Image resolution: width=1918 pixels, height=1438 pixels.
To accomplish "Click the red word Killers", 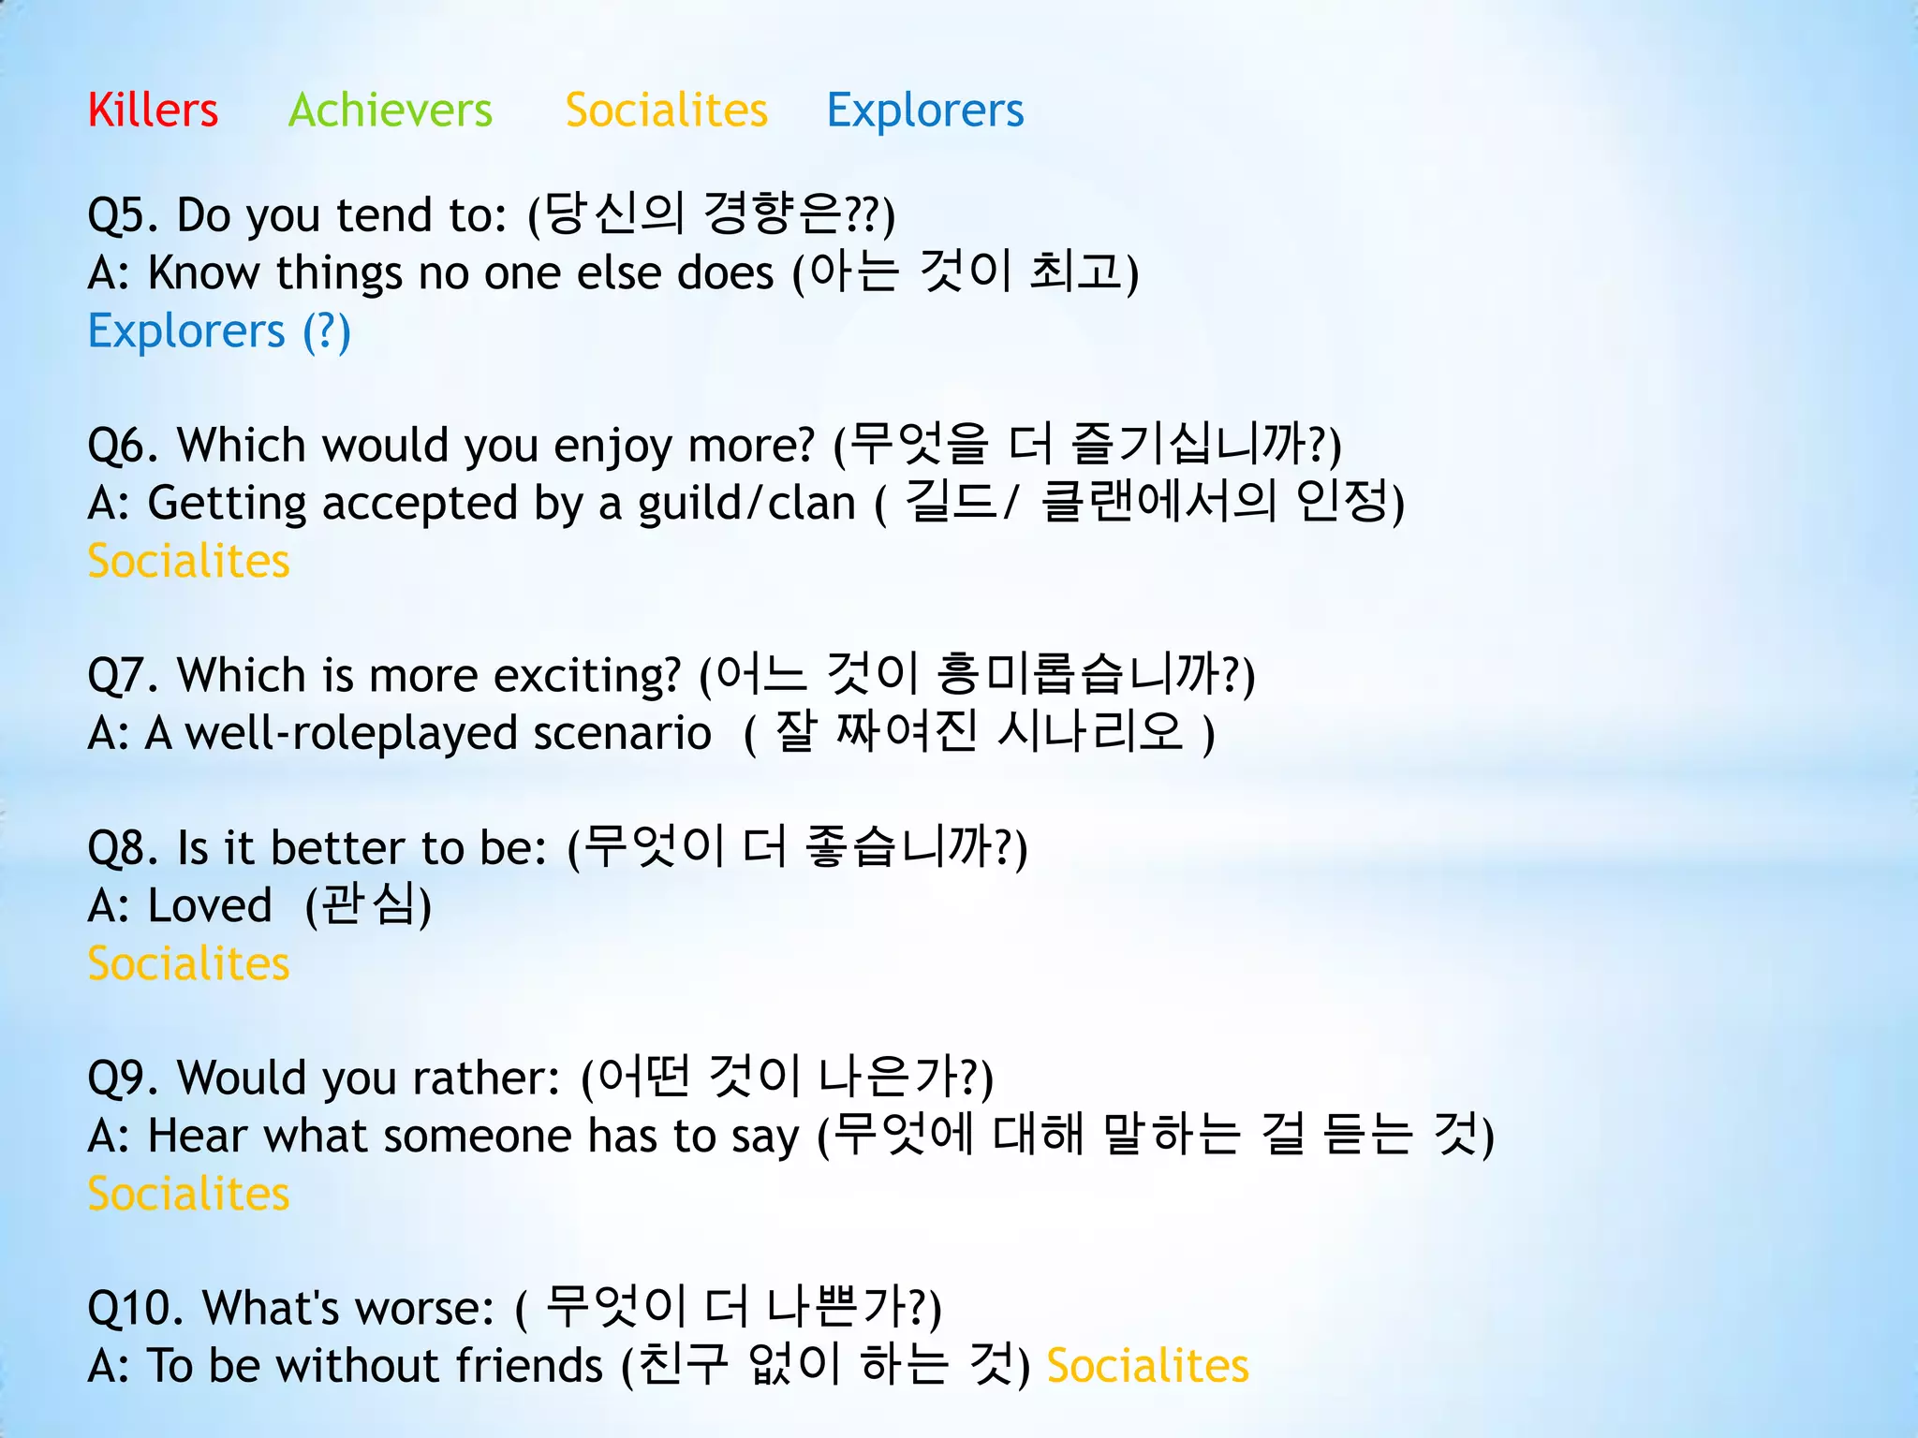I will pos(153,110).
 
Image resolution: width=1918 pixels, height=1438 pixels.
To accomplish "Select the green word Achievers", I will pos(390,110).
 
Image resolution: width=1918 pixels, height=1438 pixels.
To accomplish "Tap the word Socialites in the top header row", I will pos(666,110).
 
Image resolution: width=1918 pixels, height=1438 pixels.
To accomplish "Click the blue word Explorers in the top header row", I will pos(924,110).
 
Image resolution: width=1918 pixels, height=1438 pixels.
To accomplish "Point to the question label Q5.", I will pos(123,216).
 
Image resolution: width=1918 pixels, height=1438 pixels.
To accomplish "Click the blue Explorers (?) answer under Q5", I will pos(219,331).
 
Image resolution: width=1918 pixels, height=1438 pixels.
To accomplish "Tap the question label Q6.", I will pos(123,446).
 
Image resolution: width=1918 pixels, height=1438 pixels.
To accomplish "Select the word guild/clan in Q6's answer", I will pos(746,504).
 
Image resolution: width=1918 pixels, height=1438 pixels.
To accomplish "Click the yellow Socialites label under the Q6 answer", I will pos(188,562).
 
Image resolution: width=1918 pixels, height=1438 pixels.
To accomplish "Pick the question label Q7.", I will pos(123,676).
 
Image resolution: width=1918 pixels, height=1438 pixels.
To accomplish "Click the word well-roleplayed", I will pos(350,734).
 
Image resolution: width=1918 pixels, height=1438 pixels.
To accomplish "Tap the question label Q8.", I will pos(123,849).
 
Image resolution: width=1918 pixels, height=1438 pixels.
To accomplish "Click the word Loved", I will pos(210,906).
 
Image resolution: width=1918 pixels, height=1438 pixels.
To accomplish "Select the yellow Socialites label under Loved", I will pos(188,964).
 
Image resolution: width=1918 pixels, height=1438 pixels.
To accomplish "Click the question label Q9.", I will pos(123,1078).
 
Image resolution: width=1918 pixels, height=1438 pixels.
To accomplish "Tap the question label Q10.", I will pos(134,1309).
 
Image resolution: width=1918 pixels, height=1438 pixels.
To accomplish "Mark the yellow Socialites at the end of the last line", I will pos(1147,1366).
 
